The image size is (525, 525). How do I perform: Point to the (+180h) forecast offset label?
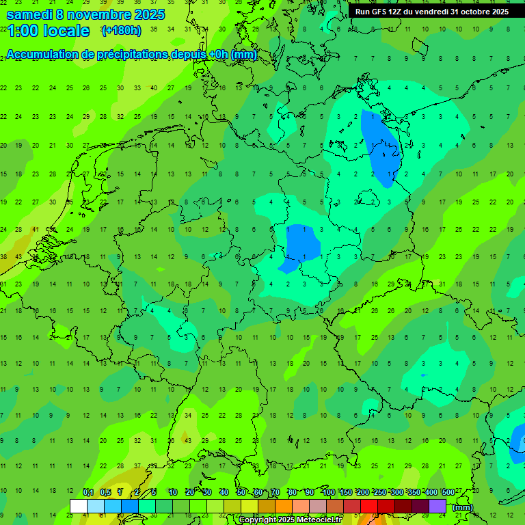click(121, 31)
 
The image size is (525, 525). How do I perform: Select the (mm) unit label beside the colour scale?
click(463, 507)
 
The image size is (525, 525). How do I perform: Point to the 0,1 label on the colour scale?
click(87, 492)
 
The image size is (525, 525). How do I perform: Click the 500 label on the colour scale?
click(448, 492)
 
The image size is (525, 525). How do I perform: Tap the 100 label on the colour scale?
click(329, 492)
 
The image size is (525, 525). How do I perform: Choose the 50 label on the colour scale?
click(241, 492)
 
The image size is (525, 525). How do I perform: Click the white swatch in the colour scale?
click(79, 506)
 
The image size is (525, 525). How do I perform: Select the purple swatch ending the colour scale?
click(437, 506)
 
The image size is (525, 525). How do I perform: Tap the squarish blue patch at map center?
click(302, 242)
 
